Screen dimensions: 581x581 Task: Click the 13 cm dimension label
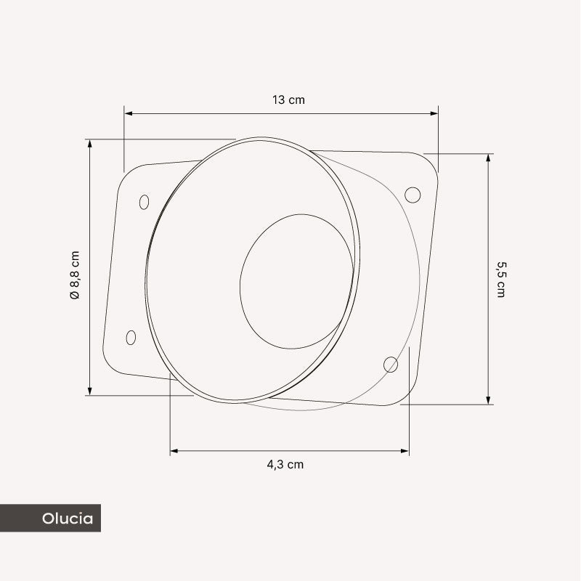(x=288, y=99)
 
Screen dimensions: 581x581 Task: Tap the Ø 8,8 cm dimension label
(x=75, y=275)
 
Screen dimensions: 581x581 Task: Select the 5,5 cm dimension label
(x=501, y=280)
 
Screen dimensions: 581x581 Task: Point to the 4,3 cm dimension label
(x=285, y=464)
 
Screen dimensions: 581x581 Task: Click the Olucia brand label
(x=68, y=519)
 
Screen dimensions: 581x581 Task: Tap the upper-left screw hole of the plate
(x=144, y=202)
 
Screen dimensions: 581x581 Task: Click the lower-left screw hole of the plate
(x=131, y=338)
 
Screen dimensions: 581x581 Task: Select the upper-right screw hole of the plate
(x=413, y=195)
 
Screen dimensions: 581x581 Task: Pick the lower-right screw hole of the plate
(x=391, y=365)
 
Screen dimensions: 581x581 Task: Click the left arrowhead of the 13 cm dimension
(x=129, y=113)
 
